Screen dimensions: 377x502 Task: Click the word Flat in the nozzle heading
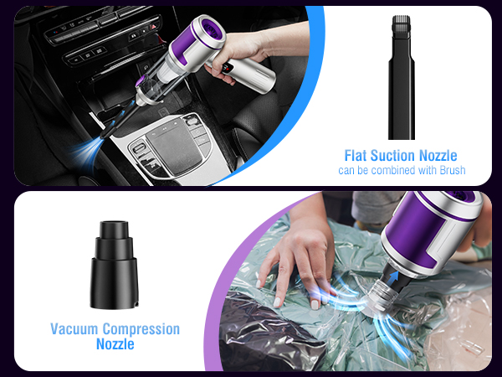tap(357, 155)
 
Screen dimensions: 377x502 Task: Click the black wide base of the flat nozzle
tap(401, 117)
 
